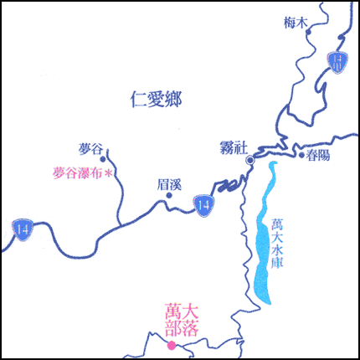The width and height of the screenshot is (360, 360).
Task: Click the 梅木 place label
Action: click(296, 23)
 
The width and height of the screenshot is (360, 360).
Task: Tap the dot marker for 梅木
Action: click(308, 32)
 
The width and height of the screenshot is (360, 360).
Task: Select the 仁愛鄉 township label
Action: click(157, 100)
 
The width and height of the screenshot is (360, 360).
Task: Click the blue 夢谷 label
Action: click(90, 149)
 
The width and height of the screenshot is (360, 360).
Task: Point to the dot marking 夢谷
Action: click(103, 159)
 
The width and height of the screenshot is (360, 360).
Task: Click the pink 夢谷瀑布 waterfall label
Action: click(78, 173)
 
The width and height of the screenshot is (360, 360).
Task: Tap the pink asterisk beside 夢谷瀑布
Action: click(108, 173)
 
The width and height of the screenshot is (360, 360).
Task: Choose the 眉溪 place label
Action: click(169, 185)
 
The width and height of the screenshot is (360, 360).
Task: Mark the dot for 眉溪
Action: click(169, 195)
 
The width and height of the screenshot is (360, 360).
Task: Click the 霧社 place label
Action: click(234, 147)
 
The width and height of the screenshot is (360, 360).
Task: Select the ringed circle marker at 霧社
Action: click(250, 160)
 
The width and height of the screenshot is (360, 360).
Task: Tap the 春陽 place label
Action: click(318, 155)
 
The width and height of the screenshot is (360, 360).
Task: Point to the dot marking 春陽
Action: click(301, 155)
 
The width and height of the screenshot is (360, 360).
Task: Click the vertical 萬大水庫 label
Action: click(277, 244)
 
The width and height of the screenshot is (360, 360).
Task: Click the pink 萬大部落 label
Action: click(182, 320)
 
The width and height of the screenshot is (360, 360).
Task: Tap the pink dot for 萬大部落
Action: click(172, 346)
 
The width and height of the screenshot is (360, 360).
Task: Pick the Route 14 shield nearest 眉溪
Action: click(204, 206)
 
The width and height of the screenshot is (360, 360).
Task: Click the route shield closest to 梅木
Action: click(338, 62)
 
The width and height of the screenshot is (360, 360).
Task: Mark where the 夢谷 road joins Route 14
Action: click(121, 225)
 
